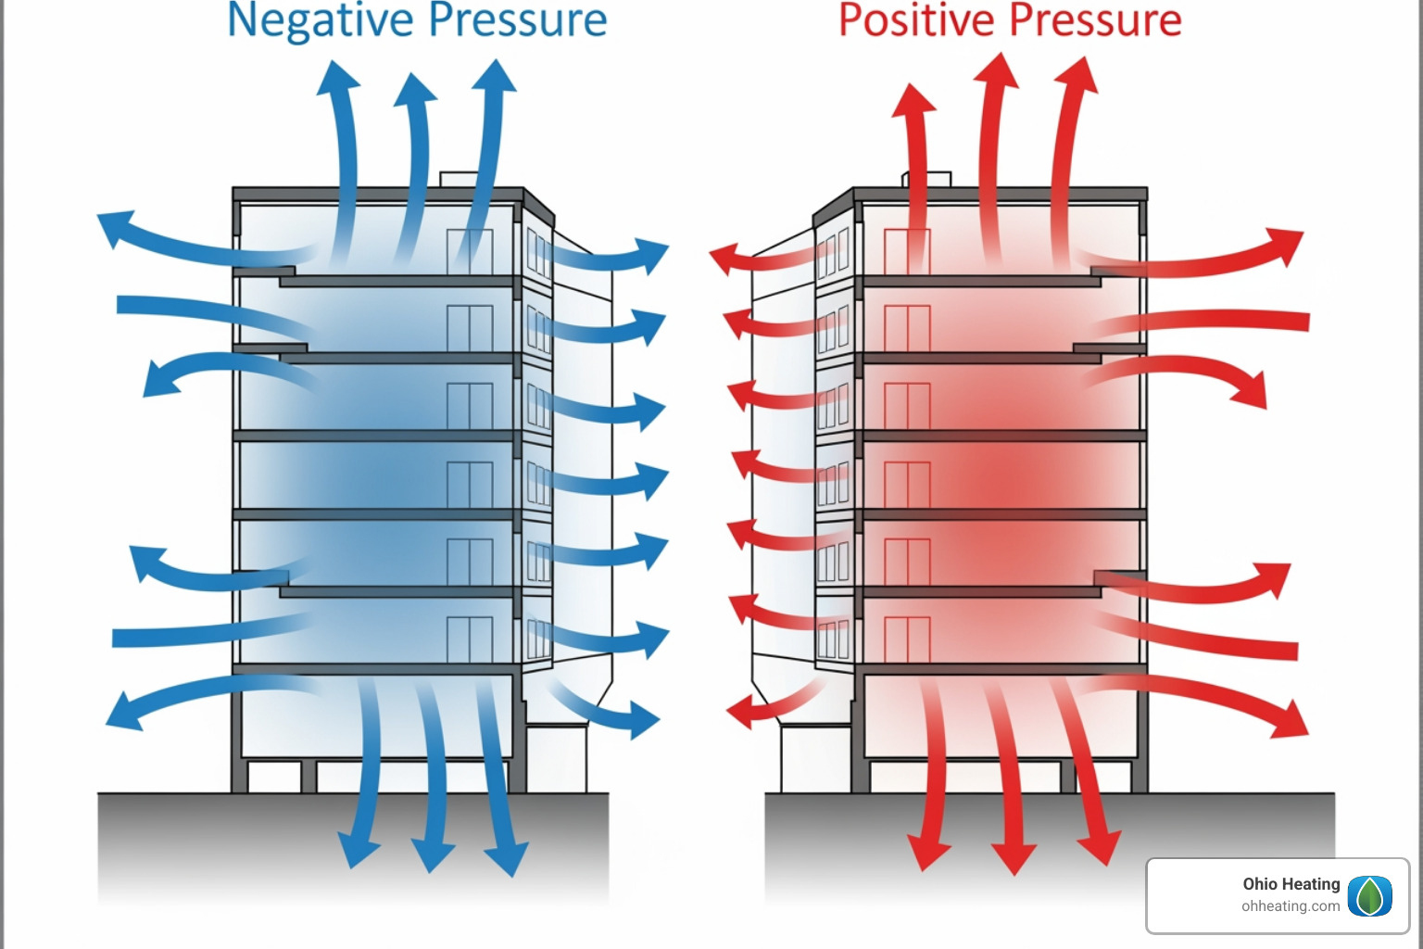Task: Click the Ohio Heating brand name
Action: pos(1291,884)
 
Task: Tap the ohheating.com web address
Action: pos(1291,906)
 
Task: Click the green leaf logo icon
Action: pos(1369,896)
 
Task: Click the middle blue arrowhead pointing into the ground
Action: pos(432,854)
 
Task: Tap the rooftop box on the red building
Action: pos(926,179)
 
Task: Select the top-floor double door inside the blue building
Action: pos(470,251)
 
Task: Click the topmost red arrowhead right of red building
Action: pos(1288,245)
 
